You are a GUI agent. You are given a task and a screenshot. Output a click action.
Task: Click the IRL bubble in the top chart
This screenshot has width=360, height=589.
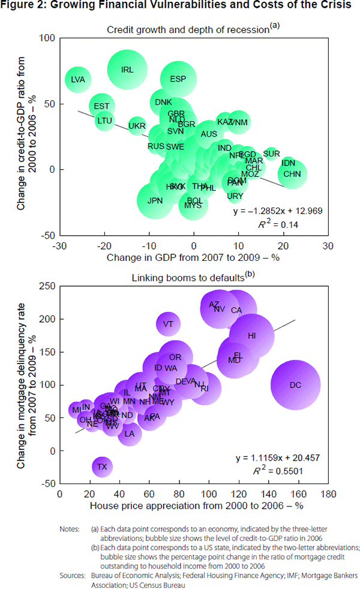[x=127, y=70]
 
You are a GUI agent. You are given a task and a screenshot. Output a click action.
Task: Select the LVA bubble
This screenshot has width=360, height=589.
[x=78, y=79]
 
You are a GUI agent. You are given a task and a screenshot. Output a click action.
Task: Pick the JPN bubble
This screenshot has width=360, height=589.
[x=155, y=200]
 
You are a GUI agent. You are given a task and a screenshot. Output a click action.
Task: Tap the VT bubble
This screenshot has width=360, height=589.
[x=168, y=324]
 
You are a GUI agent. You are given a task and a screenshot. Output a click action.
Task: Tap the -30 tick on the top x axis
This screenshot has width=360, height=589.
[x=59, y=246]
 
